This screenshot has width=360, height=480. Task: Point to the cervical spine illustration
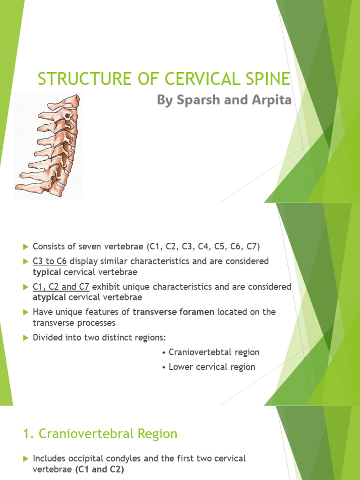(48, 145)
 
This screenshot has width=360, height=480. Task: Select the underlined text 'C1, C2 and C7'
(61, 286)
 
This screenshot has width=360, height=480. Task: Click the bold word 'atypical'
(49, 297)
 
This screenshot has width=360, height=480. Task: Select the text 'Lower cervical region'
(212, 367)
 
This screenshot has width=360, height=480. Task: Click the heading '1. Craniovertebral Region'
(100, 434)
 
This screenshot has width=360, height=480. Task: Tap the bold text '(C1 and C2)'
(99, 469)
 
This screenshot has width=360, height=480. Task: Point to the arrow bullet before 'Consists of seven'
(25, 247)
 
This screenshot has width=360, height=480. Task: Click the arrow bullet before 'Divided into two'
(25, 337)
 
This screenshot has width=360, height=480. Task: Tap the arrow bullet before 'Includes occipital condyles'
(25, 458)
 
